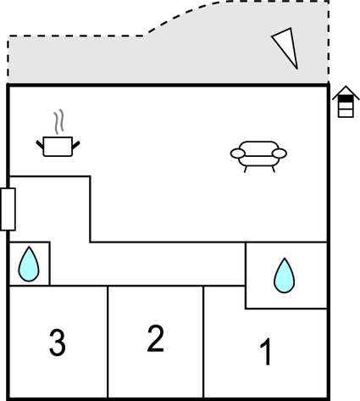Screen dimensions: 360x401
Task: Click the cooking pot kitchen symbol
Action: (x=58, y=146)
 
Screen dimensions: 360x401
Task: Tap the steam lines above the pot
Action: (x=59, y=122)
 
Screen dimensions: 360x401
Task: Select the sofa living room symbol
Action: (x=258, y=156)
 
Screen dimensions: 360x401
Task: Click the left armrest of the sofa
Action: (x=238, y=153)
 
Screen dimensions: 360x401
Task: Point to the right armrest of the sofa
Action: (x=280, y=153)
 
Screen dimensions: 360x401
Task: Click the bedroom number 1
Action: (x=266, y=352)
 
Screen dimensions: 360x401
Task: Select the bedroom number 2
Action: (x=155, y=338)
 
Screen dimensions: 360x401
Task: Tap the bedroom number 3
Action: (x=58, y=343)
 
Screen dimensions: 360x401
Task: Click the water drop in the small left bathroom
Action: (x=29, y=264)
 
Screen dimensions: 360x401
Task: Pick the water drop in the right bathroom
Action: (x=285, y=276)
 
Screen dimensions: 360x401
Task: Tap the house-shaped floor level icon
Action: (x=346, y=101)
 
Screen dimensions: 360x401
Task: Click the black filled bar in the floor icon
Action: (x=346, y=99)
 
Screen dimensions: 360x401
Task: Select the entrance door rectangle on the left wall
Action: (x=8, y=209)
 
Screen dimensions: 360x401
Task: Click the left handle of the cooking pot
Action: (x=40, y=144)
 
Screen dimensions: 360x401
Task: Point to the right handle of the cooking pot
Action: (x=76, y=145)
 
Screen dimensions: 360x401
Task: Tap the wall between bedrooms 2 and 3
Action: (x=108, y=342)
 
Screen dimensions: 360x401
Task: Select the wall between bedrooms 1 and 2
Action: (x=203, y=342)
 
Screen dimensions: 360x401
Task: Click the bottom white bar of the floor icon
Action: (x=346, y=114)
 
